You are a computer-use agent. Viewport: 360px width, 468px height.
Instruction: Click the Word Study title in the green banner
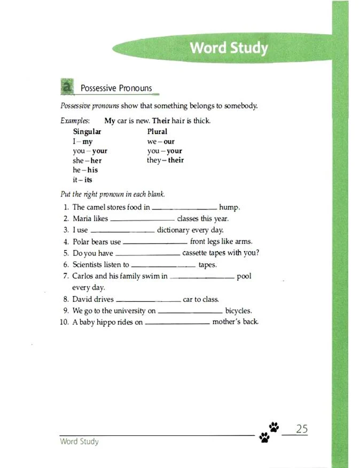click(x=229, y=48)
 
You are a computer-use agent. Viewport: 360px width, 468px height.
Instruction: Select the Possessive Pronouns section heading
click(x=116, y=88)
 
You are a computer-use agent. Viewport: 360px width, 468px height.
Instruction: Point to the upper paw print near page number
click(x=274, y=426)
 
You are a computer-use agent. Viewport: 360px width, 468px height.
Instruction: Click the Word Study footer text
click(x=79, y=442)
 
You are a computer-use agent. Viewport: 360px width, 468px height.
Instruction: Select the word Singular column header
click(x=87, y=131)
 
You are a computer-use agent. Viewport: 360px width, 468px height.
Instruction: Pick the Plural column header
click(x=157, y=131)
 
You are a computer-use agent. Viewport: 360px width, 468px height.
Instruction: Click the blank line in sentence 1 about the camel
click(x=185, y=207)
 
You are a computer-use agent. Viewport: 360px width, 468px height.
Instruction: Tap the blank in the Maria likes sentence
click(x=142, y=219)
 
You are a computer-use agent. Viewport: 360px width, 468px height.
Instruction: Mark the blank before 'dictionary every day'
click(x=122, y=231)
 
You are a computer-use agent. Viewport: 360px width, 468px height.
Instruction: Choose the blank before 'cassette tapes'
click(x=148, y=254)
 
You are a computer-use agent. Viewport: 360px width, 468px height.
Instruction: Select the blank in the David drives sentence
click(x=148, y=300)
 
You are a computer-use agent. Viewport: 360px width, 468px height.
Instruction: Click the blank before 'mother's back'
click(x=177, y=323)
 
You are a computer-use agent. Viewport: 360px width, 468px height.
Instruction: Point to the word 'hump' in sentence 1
click(x=230, y=207)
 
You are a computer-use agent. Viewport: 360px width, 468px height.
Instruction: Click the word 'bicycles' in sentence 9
click(x=238, y=311)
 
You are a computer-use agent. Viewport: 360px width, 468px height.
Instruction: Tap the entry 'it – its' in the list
click(x=83, y=180)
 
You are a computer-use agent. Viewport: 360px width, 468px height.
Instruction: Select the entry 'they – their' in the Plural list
click(x=165, y=160)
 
